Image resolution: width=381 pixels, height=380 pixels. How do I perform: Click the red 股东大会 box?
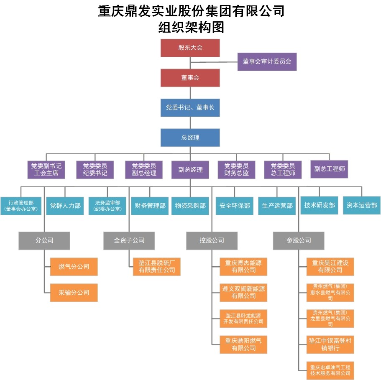(190, 48)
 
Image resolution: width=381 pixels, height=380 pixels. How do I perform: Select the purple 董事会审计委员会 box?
(267, 62)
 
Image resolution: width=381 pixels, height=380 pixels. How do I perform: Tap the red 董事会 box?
(190, 78)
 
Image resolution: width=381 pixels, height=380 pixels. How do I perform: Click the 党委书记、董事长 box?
(190, 107)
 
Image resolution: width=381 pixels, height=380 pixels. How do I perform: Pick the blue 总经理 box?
(190, 138)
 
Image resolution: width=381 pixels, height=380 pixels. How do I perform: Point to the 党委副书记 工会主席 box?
(46, 170)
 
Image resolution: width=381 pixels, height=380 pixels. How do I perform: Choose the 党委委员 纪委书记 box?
(95, 170)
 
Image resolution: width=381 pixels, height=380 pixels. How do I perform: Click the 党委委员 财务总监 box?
(236, 170)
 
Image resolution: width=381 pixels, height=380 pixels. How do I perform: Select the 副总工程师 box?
(329, 169)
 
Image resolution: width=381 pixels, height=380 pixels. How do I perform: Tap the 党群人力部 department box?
(65, 206)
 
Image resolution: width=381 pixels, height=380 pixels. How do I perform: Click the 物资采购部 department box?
(190, 206)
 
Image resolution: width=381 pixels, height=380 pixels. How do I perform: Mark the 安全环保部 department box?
(235, 206)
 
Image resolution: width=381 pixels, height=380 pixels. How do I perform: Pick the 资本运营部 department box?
(362, 205)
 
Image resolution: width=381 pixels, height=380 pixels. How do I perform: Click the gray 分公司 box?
(44, 241)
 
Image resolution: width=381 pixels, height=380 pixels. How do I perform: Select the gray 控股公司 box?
(212, 241)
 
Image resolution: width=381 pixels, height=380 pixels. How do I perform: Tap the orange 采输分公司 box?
(74, 293)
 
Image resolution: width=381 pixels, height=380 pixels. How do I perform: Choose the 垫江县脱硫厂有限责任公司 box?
(157, 267)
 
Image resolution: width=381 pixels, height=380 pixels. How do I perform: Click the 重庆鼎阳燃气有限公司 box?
(243, 345)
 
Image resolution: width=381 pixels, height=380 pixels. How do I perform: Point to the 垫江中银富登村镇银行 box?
(330, 345)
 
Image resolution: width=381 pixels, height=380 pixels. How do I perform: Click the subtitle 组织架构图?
(191, 27)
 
